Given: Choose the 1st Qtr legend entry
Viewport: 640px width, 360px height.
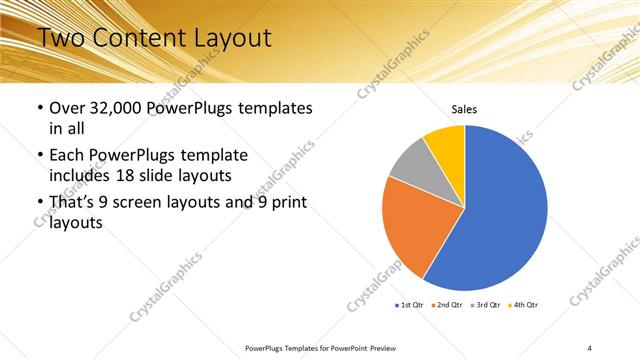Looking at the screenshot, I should click(412, 304).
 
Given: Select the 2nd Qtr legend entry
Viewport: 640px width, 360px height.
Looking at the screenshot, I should click(448, 304).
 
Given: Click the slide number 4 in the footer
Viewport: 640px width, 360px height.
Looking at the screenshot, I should click(590, 347).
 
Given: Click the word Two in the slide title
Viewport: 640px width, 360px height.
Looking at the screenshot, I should click(61, 39).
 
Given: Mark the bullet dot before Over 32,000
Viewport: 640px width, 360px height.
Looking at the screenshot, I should click(39, 108).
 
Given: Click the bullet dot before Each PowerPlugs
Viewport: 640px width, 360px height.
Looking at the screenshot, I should click(39, 156).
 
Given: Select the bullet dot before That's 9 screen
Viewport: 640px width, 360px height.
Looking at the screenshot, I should click(39, 204).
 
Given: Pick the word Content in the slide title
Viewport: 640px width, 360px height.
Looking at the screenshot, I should click(137, 39).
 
